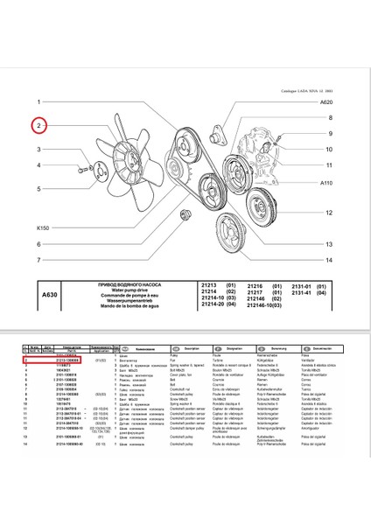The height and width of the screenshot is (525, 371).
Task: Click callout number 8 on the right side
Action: click(x=329, y=117)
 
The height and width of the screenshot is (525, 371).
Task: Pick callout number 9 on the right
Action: click(x=329, y=134)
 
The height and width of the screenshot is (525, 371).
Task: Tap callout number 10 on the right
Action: click(x=329, y=164)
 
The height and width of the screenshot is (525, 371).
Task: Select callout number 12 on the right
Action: click(x=329, y=213)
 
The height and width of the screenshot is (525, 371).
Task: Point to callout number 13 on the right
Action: click(x=329, y=244)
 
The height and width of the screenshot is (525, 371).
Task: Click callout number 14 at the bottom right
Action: click(x=329, y=260)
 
